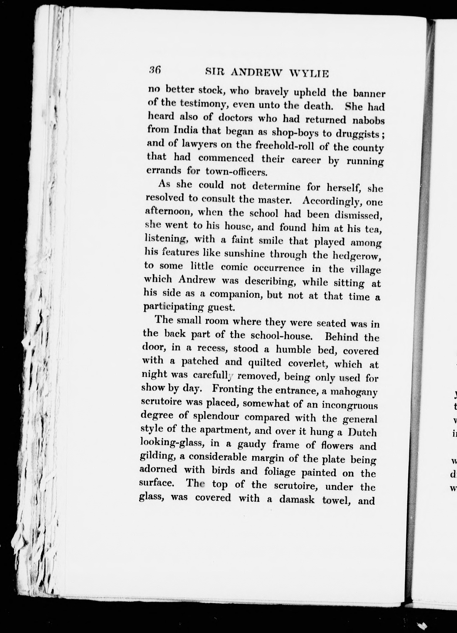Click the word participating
pyautogui.click(x=174, y=307)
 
